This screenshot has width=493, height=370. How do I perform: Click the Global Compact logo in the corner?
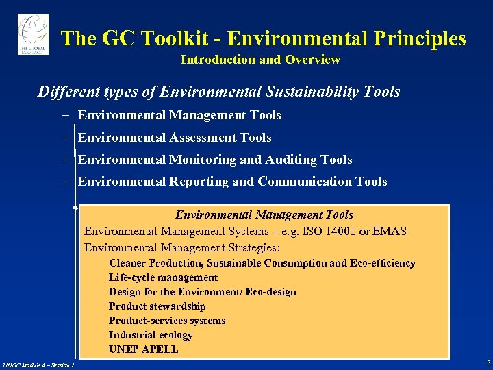33,34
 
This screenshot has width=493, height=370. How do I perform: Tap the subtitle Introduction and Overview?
260,60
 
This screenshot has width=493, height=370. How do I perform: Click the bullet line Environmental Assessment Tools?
175,138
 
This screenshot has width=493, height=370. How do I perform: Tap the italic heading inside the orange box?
264,215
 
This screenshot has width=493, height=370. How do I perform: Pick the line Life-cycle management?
163,277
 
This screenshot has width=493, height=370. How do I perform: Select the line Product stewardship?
157,306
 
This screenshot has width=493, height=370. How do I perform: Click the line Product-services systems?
167,321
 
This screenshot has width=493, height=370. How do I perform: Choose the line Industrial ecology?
151,335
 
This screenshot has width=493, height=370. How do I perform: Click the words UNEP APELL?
143,349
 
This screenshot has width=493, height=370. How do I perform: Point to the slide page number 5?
488,362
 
